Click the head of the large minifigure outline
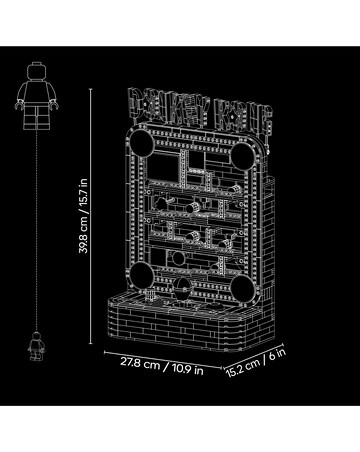(x=36, y=71)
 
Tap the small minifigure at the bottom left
(x=36, y=346)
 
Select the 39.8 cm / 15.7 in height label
(x=83, y=216)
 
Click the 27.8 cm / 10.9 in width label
(x=162, y=366)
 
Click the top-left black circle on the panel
(x=142, y=142)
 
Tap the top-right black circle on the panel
(x=243, y=156)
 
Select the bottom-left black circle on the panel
(x=141, y=274)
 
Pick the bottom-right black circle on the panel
(x=243, y=289)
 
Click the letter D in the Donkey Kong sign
(x=136, y=103)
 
